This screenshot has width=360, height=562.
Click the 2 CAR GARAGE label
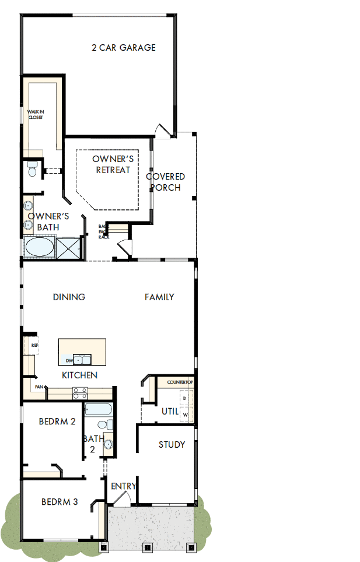124,48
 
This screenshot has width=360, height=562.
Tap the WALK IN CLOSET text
36,114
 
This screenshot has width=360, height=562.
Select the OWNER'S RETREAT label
113,164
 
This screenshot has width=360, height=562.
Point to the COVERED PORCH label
166,182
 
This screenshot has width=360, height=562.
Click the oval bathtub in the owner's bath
39,247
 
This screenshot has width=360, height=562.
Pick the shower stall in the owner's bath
70,248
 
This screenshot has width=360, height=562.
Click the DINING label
69,297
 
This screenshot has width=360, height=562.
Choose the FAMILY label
159,297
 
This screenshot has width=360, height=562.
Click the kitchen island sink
82,359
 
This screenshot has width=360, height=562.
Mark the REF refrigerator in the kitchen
34,346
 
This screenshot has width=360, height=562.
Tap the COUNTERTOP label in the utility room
180,382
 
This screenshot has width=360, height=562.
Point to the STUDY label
172,445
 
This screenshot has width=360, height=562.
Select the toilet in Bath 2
104,425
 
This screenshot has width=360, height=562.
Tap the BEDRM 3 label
60,501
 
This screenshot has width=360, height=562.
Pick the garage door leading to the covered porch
163,131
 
